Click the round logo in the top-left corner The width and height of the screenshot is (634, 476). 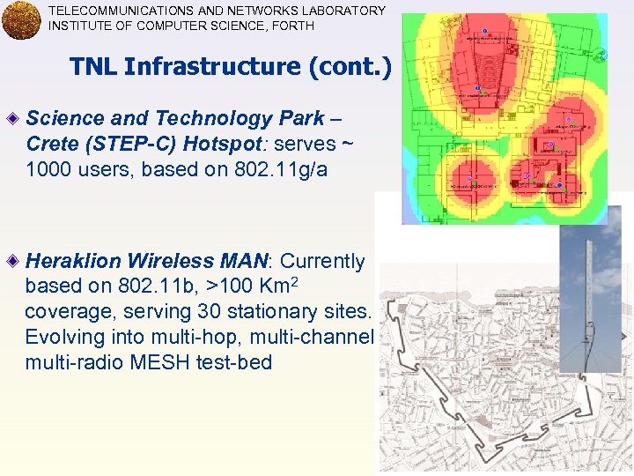pos(21,20)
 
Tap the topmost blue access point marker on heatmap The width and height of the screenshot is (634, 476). pos(485,32)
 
